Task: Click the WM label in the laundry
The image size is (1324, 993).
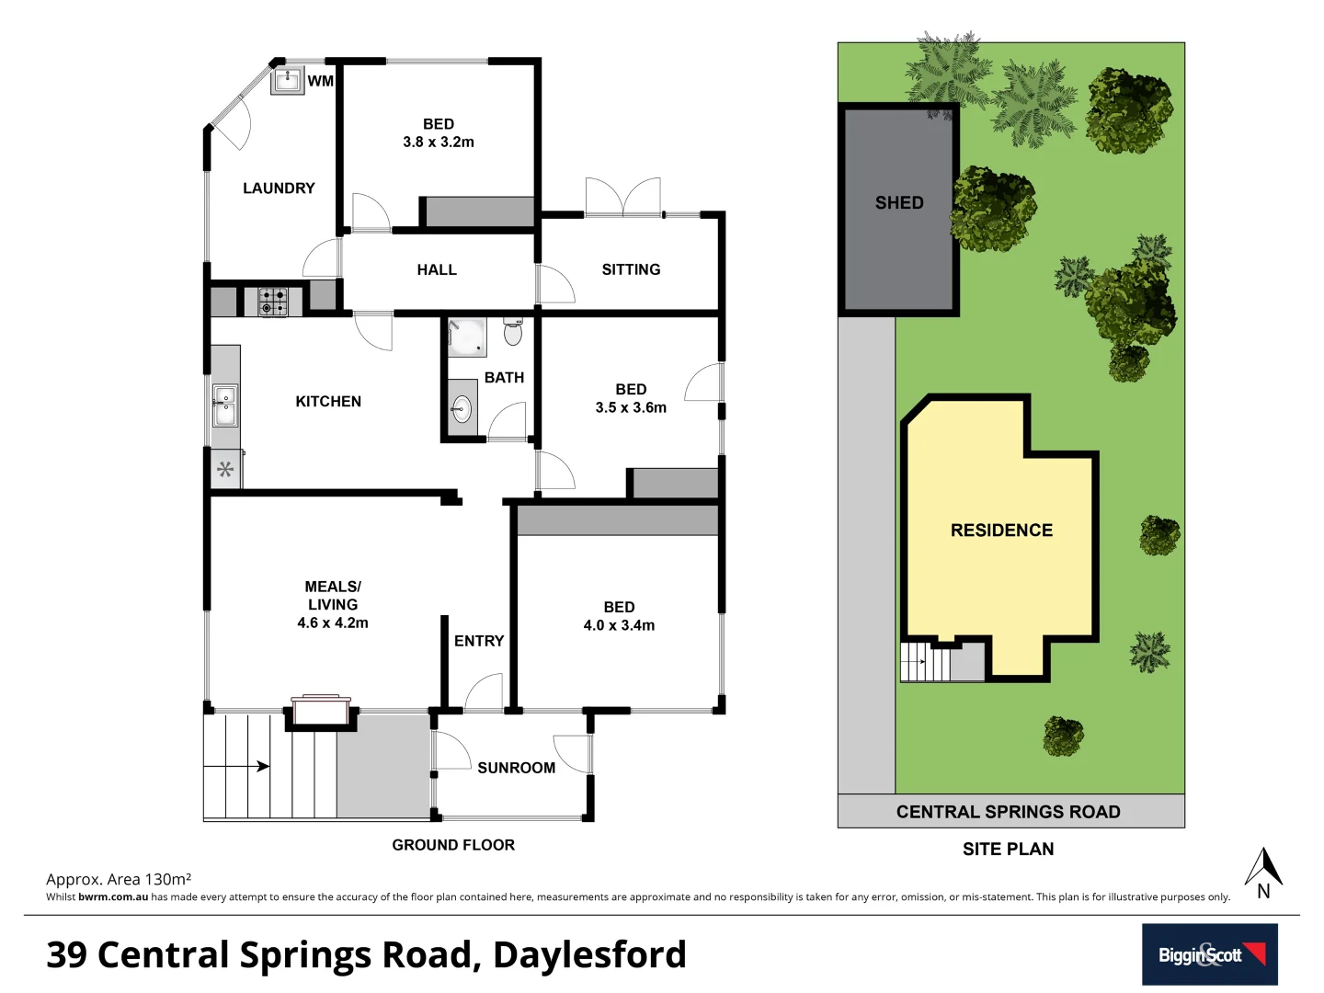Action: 320,81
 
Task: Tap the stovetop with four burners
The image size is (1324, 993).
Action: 272,302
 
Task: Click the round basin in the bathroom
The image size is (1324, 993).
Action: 462,408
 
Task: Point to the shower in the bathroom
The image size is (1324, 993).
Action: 467,337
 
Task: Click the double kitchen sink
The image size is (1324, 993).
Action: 224,405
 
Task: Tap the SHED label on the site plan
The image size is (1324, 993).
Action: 898,202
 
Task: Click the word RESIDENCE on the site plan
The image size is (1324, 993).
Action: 1001,530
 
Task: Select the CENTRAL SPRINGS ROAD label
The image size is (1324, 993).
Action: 1008,812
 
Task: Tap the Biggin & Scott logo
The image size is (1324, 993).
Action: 1209,954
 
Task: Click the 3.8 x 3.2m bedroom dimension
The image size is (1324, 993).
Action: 439,142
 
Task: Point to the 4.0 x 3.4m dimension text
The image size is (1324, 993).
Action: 619,625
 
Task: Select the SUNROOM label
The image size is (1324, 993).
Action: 516,768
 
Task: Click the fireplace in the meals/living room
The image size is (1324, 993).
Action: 321,710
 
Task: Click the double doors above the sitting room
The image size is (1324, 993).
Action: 622,197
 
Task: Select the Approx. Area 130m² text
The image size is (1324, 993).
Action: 119,879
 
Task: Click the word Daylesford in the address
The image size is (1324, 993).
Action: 589,954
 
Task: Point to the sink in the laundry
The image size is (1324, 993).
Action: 287,79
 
